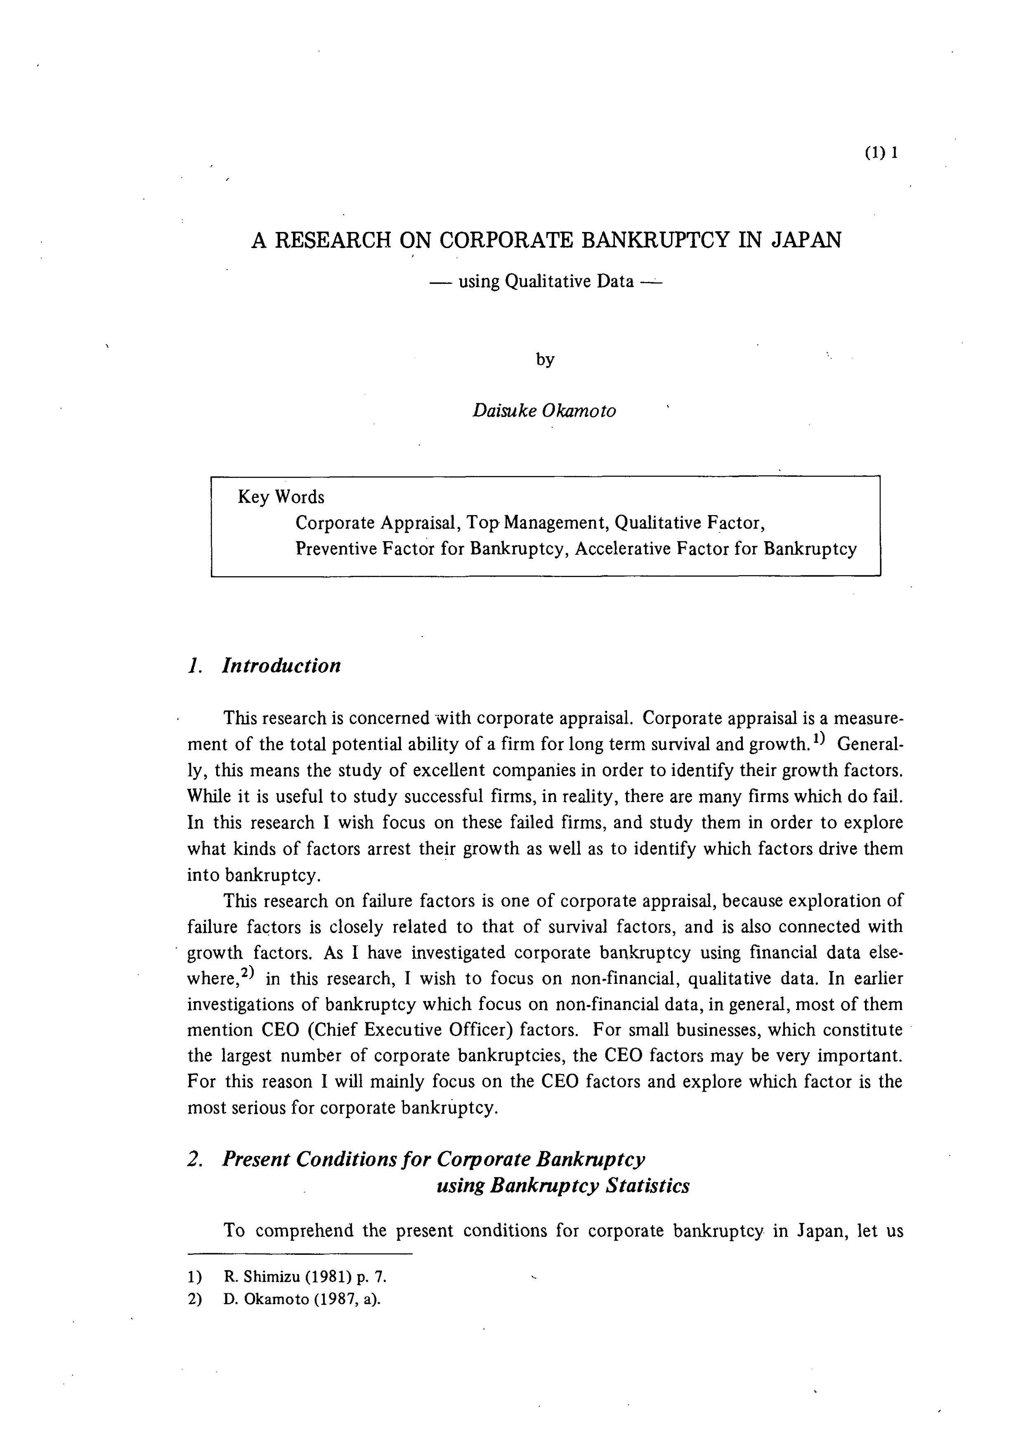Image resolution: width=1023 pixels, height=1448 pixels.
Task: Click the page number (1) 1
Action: pos(881,153)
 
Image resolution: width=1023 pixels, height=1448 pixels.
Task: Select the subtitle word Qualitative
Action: pos(548,281)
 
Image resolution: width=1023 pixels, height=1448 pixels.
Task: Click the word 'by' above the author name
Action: pos(545,360)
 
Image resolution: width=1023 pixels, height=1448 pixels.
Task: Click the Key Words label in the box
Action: pos(281,497)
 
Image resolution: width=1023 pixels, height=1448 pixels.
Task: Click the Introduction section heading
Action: pos(281,665)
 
